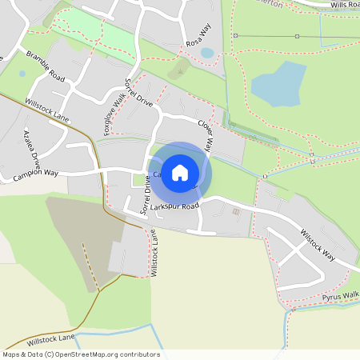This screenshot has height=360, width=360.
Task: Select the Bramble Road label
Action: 45,66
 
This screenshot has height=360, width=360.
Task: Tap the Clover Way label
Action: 206,136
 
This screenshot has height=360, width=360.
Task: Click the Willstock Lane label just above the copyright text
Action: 50,339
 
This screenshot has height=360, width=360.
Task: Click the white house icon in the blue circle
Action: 180,172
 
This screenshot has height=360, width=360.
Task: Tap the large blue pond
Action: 278,85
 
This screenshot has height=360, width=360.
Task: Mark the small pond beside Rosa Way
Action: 207,53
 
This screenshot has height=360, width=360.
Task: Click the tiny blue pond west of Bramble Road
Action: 22,74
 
